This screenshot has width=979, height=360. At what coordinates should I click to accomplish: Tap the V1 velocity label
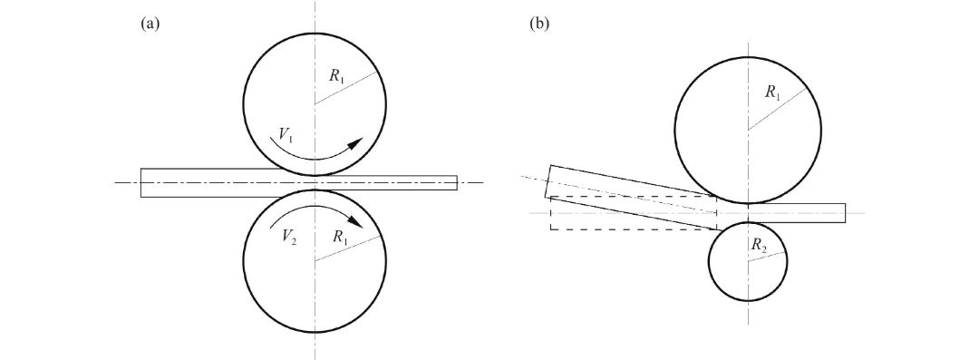(286, 136)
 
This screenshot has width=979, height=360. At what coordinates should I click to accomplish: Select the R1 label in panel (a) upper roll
(336, 76)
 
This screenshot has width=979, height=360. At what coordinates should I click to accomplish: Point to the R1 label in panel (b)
(771, 92)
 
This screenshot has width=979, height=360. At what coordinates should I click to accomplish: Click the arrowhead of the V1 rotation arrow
(356, 144)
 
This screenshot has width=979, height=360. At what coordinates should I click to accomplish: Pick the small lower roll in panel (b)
(747, 261)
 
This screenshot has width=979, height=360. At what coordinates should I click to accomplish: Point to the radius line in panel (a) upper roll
(349, 87)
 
